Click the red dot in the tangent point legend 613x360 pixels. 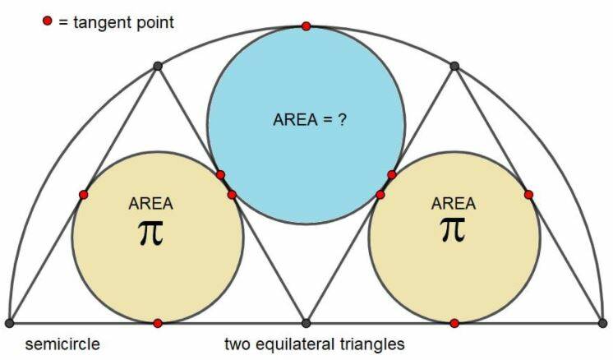click(x=47, y=21)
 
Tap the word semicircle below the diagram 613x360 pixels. click(x=62, y=344)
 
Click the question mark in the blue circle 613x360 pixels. click(x=341, y=118)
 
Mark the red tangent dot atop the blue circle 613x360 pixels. click(x=306, y=26)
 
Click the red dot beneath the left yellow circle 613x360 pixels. click(x=158, y=323)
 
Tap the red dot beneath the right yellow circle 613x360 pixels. click(x=454, y=323)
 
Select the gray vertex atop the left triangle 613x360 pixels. click(x=157, y=66)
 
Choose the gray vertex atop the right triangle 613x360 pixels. click(x=454, y=66)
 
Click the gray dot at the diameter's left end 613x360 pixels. click(x=9, y=323)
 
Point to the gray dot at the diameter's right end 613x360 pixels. click(x=603, y=323)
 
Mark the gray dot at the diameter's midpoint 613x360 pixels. click(x=306, y=323)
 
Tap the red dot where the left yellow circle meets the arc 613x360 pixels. click(x=84, y=195)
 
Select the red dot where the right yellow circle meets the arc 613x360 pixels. click(x=528, y=195)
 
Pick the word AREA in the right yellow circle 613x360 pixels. click(x=454, y=202)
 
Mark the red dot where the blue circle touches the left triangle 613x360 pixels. click(x=220, y=174)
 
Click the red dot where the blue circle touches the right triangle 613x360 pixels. click(x=392, y=174)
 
